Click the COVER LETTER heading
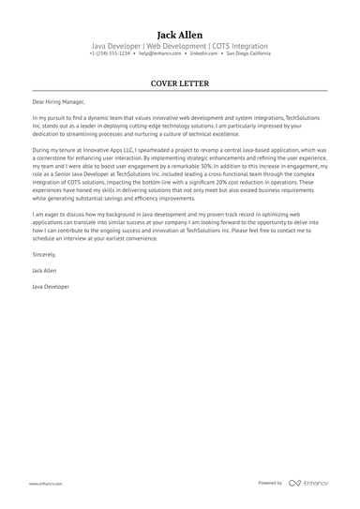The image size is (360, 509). coord(179,83)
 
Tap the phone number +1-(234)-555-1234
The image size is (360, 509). coord(110,53)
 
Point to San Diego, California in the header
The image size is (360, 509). coord(248,53)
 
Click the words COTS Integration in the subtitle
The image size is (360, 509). coord(238,45)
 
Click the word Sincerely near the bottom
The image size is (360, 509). coord(44,253)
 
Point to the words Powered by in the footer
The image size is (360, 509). coord(269,483)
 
